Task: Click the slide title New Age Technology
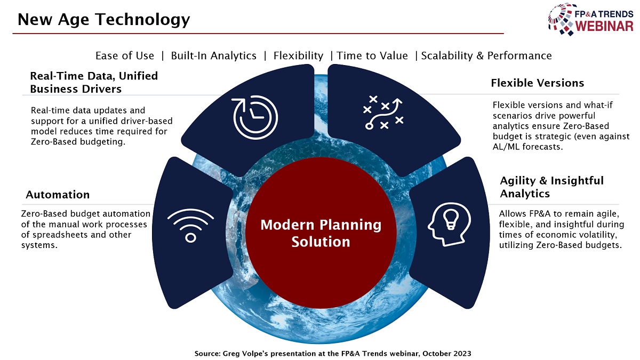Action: pyautogui.click(x=103, y=19)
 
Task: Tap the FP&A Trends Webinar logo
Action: pyautogui.click(x=590, y=19)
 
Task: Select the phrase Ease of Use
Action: pyautogui.click(x=125, y=55)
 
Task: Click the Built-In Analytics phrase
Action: pyautogui.click(x=213, y=55)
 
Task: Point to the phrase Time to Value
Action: pyautogui.click(x=372, y=55)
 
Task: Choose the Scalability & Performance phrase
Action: pyautogui.click(x=486, y=55)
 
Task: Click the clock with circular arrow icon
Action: pyautogui.click(x=255, y=117)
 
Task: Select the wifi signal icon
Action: pyautogui.click(x=190, y=226)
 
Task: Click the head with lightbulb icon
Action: pyautogui.click(x=450, y=225)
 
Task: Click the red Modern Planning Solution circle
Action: pyautogui.click(x=321, y=233)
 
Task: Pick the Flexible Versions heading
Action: pyautogui.click(x=537, y=83)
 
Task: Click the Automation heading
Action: pyautogui.click(x=58, y=195)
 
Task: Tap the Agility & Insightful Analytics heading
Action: pyautogui.click(x=551, y=187)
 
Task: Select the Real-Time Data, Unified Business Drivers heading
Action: pyautogui.click(x=94, y=82)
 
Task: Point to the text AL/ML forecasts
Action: pyautogui.click(x=527, y=147)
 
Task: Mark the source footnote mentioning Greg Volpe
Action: pyautogui.click(x=333, y=354)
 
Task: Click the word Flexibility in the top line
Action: pyautogui.click(x=298, y=55)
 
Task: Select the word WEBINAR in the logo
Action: pyautogui.click(x=604, y=26)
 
